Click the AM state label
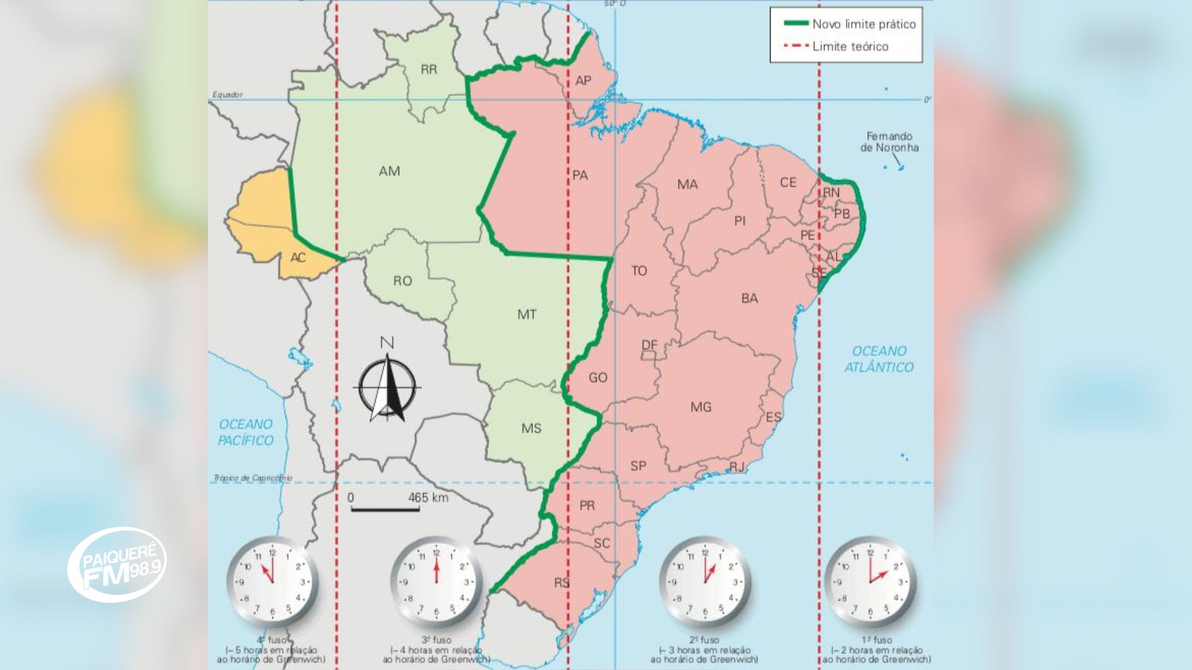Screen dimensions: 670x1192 (x=389, y=171)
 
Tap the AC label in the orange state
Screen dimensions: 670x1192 (x=298, y=257)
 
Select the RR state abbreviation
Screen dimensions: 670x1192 (x=428, y=69)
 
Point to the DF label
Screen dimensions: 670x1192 (x=649, y=346)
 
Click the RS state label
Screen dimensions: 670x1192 (x=561, y=583)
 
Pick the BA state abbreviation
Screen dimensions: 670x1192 (x=749, y=298)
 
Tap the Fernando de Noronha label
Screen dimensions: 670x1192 (x=889, y=142)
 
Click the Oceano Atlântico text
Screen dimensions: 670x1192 (x=878, y=359)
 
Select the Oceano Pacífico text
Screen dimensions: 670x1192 (x=246, y=432)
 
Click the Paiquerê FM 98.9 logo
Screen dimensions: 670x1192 (x=117, y=565)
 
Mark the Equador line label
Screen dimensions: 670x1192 (x=227, y=95)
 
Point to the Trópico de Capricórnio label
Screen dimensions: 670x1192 (x=252, y=478)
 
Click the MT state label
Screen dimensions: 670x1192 (x=526, y=315)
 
